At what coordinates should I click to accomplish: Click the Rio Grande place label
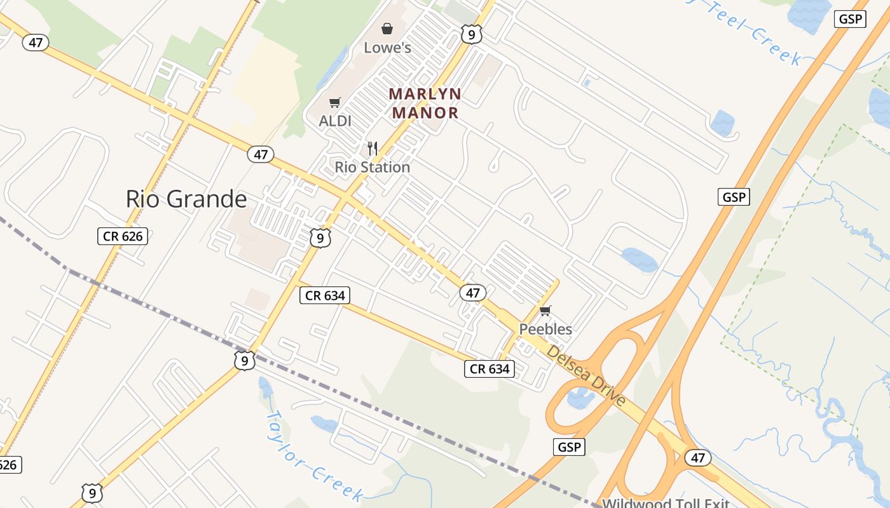(186, 199)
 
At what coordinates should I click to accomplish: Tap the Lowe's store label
(387, 48)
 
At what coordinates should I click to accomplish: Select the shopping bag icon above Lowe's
(387, 29)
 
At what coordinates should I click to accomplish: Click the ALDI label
(335, 121)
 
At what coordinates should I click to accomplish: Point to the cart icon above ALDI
(334, 102)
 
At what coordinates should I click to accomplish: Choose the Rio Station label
(373, 167)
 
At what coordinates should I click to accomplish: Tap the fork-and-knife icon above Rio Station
(373, 149)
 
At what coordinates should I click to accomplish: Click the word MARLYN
(425, 94)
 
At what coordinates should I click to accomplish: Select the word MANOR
(425, 113)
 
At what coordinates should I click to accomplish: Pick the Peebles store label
(545, 329)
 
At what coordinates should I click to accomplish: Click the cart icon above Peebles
(545, 311)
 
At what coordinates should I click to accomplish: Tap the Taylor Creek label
(313, 455)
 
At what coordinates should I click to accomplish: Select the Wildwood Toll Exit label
(665, 504)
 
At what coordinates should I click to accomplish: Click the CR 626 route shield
(123, 237)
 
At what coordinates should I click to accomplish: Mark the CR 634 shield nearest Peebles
(489, 368)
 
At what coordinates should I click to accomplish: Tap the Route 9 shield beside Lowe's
(471, 34)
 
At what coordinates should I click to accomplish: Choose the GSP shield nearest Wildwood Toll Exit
(568, 446)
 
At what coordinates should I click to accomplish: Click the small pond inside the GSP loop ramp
(580, 398)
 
